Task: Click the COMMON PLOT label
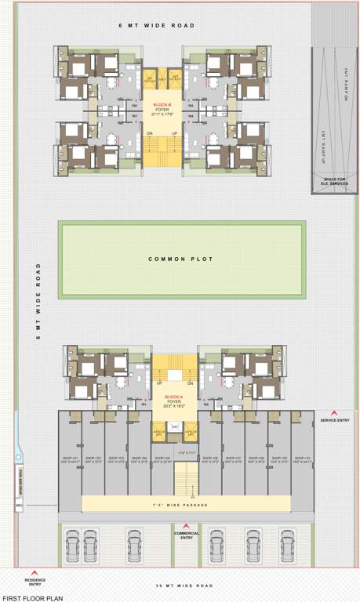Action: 181,259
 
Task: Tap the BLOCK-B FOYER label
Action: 162,111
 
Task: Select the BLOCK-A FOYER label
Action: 174,401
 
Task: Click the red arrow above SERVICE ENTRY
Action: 335,413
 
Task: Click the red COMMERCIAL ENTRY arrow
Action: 187,526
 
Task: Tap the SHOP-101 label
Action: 70,460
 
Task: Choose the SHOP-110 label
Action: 302,460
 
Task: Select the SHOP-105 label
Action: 163,460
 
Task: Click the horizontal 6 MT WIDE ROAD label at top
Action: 157,26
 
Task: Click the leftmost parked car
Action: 73,543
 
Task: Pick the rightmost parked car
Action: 300,543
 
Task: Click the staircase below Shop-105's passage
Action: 186,478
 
